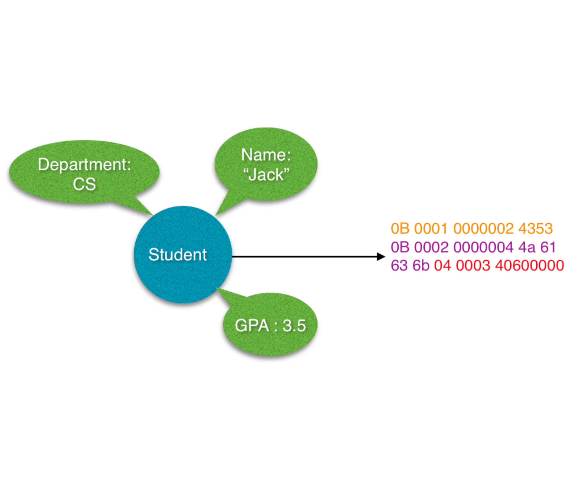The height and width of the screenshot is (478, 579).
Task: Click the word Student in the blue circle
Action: click(177, 254)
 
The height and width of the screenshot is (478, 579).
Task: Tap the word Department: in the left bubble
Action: click(84, 165)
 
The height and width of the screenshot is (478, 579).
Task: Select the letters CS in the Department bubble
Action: click(84, 184)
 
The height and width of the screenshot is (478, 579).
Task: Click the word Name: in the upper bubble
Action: click(266, 155)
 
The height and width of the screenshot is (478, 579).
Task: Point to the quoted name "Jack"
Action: click(266, 175)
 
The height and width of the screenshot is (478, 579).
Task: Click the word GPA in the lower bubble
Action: click(252, 325)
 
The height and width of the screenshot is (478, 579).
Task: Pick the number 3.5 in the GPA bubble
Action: click(294, 325)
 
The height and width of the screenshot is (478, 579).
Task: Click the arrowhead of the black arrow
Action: click(381, 257)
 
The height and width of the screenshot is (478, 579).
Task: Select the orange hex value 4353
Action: click(535, 228)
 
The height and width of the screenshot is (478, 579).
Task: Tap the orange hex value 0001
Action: click(430, 228)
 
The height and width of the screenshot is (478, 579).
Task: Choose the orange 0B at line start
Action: click(400, 228)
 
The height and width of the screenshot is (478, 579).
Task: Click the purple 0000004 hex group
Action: click(483, 247)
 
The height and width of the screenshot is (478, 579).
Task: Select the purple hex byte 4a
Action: click(526, 247)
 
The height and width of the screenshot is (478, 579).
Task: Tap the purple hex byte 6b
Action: click(421, 265)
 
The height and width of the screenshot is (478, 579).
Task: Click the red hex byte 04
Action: click(442, 265)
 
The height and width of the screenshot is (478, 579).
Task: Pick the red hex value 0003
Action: click(473, 265)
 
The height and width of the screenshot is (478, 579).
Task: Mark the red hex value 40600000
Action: click(529, 265)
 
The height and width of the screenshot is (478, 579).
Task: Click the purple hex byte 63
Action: click(399, 265)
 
